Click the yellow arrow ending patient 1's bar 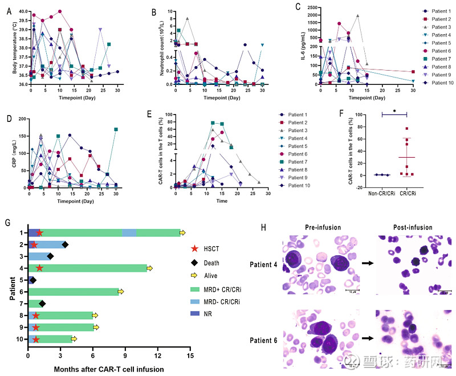click(x=182, y=232)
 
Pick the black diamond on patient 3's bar click(x=50, y=256)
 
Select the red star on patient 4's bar click(x=39, y=268)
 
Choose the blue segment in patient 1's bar click(x=129, y=232)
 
